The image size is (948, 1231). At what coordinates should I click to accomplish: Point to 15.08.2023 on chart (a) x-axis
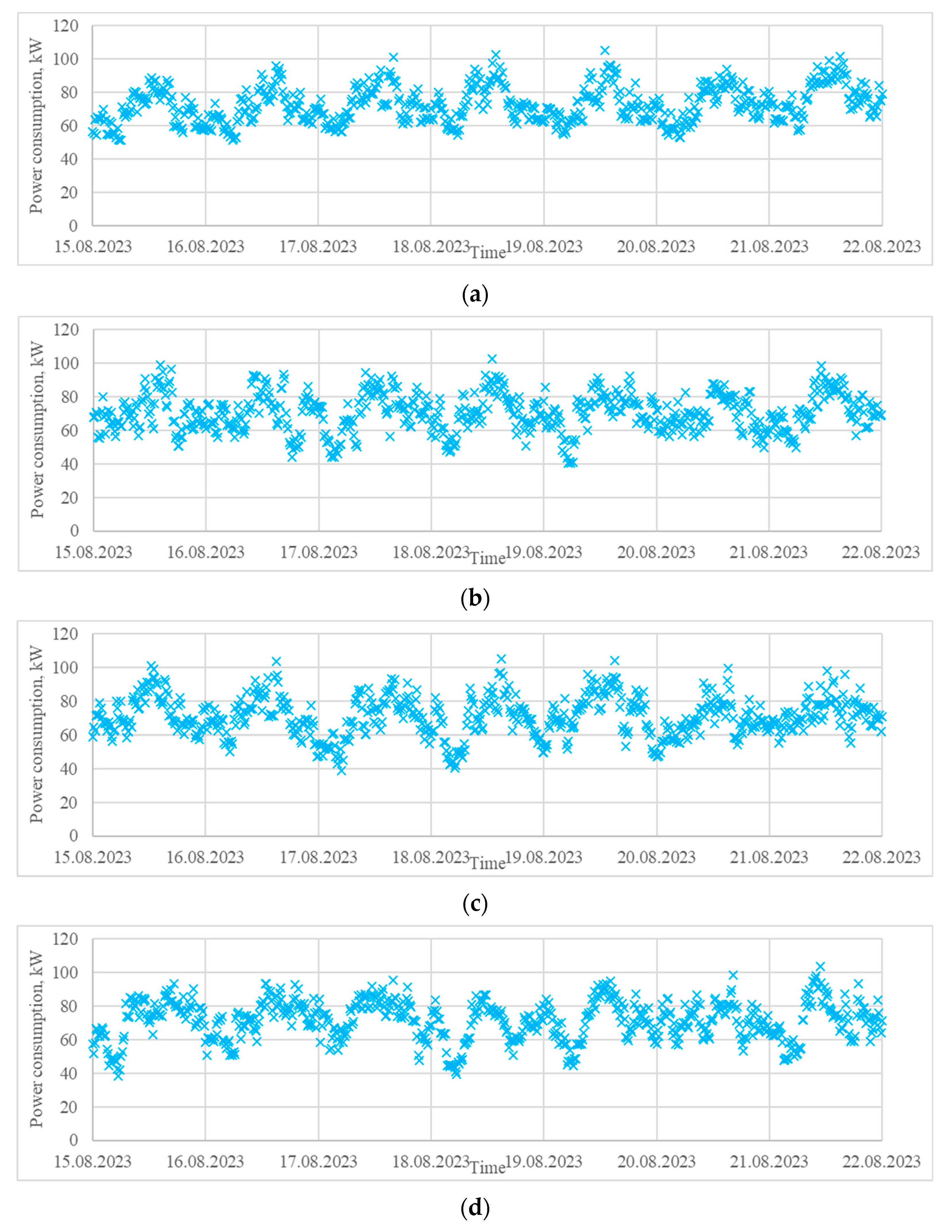coord(93,246)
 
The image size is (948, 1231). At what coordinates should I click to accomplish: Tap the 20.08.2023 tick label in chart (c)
coord(657,857)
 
